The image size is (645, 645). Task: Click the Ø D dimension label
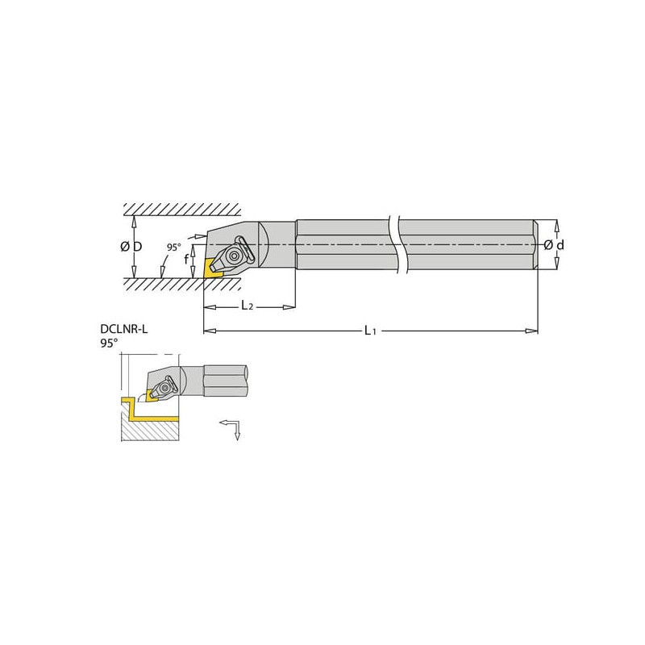pos(131,247)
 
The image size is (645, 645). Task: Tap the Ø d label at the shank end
pos(554,246)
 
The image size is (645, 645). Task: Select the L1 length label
pos(370,331)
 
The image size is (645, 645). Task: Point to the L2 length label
pos(247,306)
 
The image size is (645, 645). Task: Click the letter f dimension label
pos(186,259)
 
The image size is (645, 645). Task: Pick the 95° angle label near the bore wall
pos(173,248)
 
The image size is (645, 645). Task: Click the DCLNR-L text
pos(124,329)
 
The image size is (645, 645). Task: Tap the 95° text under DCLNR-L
pos(109,343)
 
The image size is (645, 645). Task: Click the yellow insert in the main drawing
pos(212,268)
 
